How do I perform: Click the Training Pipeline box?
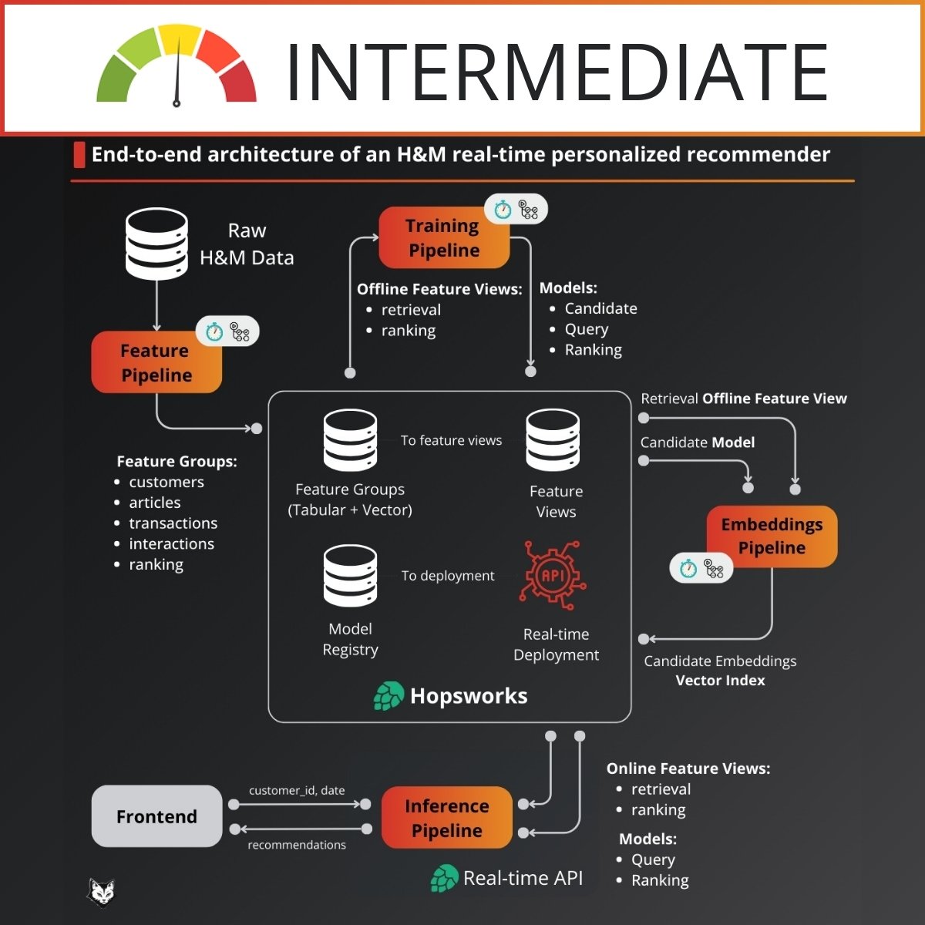[444, 237]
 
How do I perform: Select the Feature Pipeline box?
[156, 362]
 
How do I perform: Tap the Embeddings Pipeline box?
[772, 536]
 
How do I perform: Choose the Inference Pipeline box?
[446, 818]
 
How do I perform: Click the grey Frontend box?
[156, 816]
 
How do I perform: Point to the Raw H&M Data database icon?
[156, 244]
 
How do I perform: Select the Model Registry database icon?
[351, 575]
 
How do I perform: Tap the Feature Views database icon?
[553, 440]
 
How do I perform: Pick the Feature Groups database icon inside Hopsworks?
[351, 440]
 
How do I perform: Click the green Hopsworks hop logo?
[388, 696]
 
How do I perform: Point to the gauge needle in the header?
[178, 73]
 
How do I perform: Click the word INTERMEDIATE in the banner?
[557, 72]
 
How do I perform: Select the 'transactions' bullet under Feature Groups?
[173, 523]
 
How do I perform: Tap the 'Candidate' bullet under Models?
[600, 308]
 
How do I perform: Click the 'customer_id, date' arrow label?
[297, 791]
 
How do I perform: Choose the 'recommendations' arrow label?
[297, 845]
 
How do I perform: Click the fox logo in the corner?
[100, 893]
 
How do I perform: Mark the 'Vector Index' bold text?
[720, 681]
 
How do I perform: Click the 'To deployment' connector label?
[448, 576]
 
